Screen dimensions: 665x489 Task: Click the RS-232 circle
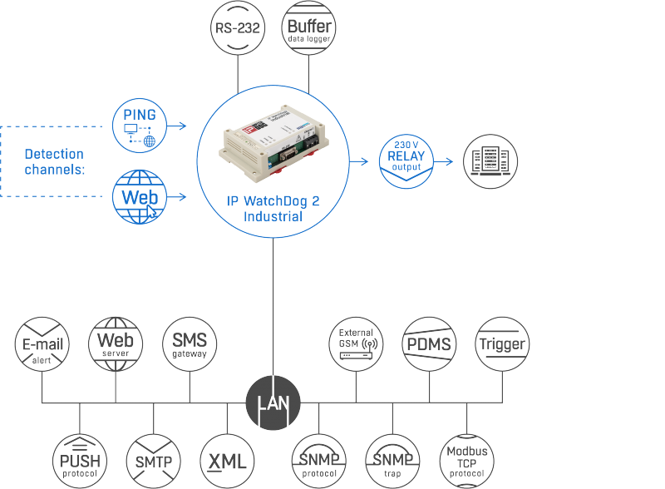pyautogui.click(x=238, y=28)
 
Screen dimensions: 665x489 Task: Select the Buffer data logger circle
pyautogui.click(x=308, y=28)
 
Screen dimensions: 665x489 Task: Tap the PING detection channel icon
pyautogui.click(x=140, y=126)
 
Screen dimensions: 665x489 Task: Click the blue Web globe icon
pyautogui.click(x=140, y=197)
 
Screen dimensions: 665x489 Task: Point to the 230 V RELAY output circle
pyautogui.click(x=406, y=161)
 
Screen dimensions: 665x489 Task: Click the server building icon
pyautogui.click(x=490, y=161)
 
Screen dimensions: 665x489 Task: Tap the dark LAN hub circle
pyautogui.click(x=273, y=403)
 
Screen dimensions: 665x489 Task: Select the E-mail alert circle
pyautogui.click(x=42, y=343)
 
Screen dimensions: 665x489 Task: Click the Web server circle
pyautogui.click(x=116, y=343)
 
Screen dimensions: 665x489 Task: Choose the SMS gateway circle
pyautogui.click(x=190, y=343)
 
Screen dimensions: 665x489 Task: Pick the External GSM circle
pyautogui.click(x=356, y=343)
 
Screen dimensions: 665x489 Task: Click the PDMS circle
pyautogui.click(x=429, y=343)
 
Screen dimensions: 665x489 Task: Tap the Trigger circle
pyautogui.click(x=503, y=343)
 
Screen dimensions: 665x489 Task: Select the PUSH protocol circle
pyautogui.click(x=80, y=461)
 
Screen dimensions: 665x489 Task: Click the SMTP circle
pyautogui.click(x=154, y=461)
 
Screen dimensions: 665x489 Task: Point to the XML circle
pyautogui.click(x=227, y=461)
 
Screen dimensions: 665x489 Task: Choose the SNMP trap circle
pyautogui.click(x=392, y=461)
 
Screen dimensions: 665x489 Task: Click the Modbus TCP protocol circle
pyautogui.click(x=467, y=461)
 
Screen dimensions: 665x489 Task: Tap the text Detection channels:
pyautogui.click(x=55, y=161)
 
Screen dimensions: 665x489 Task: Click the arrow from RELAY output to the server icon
pyautogui.click(x=444, y=161)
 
